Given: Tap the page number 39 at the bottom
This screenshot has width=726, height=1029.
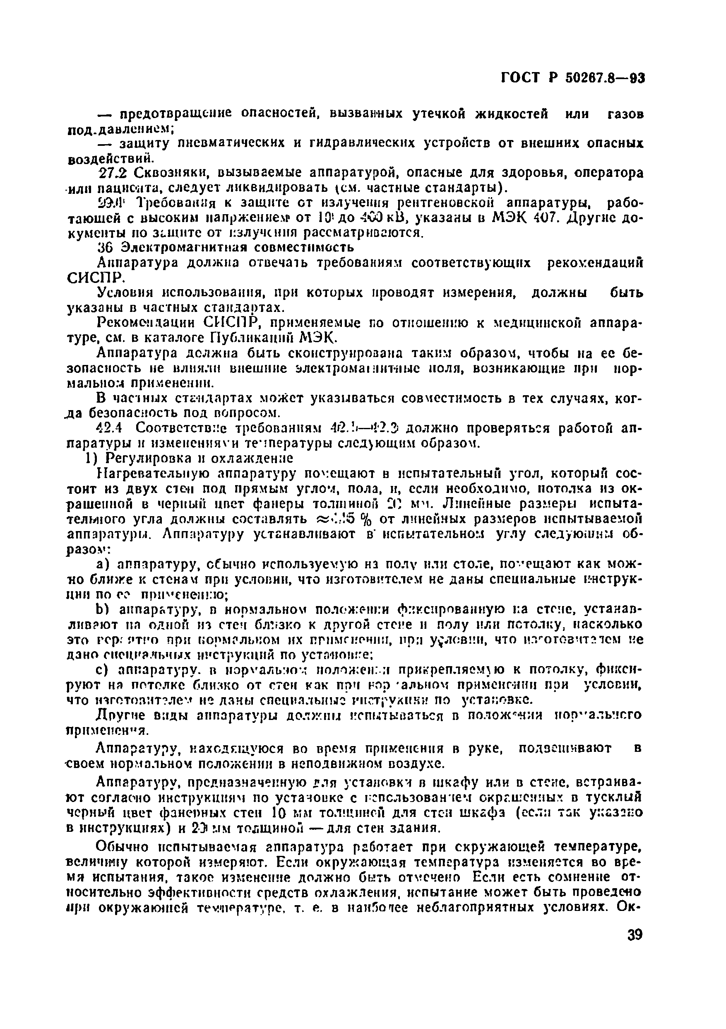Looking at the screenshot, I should pyautogui.click(x=633, y=935).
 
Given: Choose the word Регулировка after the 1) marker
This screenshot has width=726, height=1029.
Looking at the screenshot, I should pyautogui.click(x=148, y=459).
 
